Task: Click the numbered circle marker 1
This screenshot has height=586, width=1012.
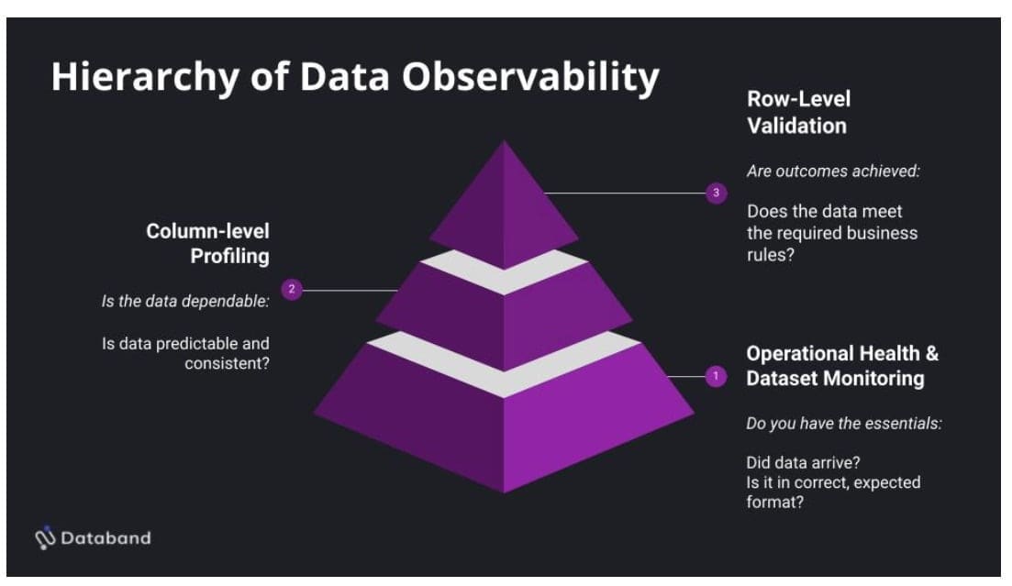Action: click(716, 376)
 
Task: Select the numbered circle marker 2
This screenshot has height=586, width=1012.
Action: click(292, 290)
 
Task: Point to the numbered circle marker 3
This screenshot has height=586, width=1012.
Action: click(717, 193)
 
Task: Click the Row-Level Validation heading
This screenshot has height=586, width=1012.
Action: click(796, 112)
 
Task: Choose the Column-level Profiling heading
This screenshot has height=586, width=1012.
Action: click(208, 243)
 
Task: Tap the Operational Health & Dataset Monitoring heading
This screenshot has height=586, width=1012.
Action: click(842, 365)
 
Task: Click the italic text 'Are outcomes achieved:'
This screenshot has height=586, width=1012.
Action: click(833, 171)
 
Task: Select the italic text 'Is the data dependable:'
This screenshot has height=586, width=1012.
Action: click(184, 302)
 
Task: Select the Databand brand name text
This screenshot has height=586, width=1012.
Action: click(106, 538)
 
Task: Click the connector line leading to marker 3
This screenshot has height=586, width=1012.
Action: click(624, 193)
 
